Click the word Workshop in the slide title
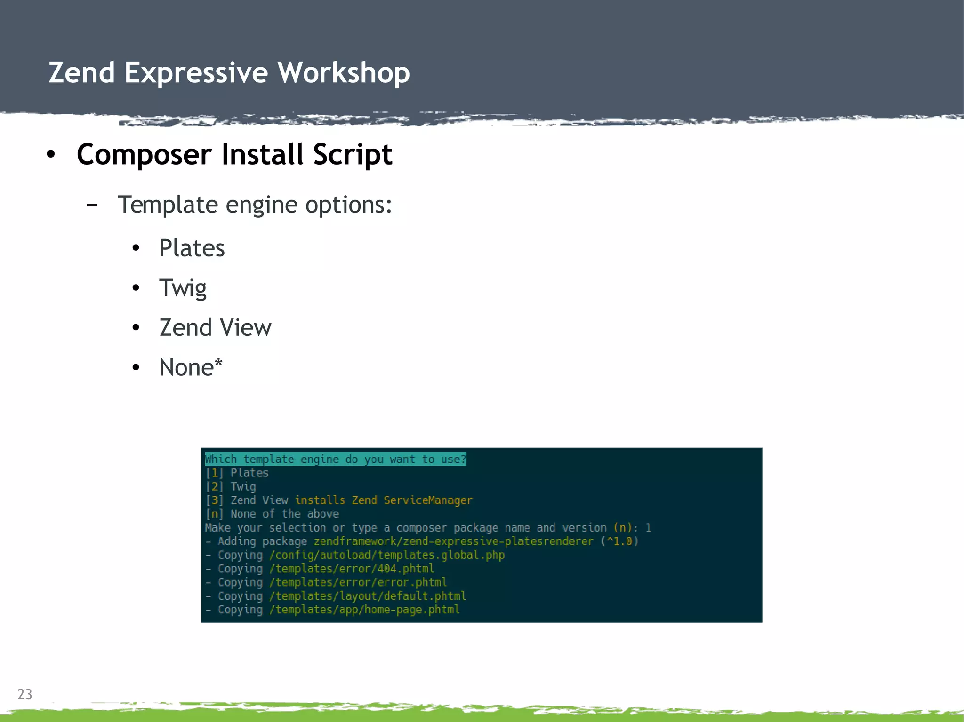pos(343,73)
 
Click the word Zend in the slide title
pos(82,73)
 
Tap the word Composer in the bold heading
pos(144,155)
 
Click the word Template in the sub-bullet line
pos(168,205)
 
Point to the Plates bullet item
pos(192,248)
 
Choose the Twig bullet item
pos(183,288)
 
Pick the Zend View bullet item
pos(215,327)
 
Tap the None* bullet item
pos(190,367)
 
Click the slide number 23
pos(24,694)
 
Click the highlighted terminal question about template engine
pos(335,459)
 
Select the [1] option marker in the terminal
pos(214,473)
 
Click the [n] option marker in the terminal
pos(214,514)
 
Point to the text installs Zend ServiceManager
pos(383,500)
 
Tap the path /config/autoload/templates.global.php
pos(386,555)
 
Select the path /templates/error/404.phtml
pos(352,568)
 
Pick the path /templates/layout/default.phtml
pos(367,595)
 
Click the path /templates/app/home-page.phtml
pos(364,609)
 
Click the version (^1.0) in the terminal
pos(619,541)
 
